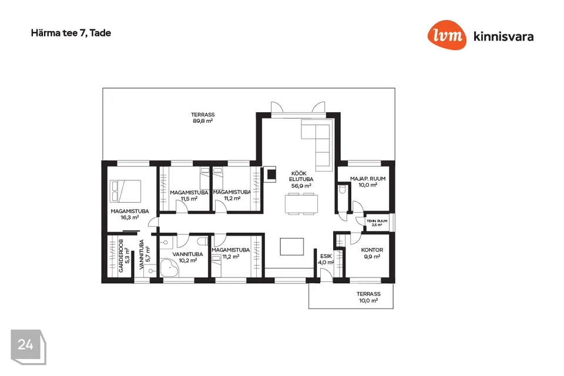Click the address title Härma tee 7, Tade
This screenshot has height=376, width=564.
click(71, 33)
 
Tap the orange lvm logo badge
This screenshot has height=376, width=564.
click(447, 36)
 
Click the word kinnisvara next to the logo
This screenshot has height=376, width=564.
click(503, 36)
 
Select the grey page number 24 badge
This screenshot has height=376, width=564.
click(26, 345)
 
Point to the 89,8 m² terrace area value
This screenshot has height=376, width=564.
click(202, 122)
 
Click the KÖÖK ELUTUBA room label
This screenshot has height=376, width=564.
click(301, 176)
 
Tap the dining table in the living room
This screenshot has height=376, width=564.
click(301, 203)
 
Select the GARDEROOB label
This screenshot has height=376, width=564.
click(121, 256)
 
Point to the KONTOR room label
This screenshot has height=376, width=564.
click(372, 250)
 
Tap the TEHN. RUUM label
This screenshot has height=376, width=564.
click(377, 221)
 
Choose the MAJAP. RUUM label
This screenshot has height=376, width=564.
click(367, 179)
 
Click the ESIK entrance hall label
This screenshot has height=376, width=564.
click(326, 256)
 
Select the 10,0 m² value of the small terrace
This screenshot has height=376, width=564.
click(368, 301)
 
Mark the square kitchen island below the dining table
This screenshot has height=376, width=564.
click(292, 246)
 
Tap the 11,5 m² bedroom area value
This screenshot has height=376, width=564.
click(189, 199)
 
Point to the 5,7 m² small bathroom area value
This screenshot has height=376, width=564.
click(148, 254)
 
